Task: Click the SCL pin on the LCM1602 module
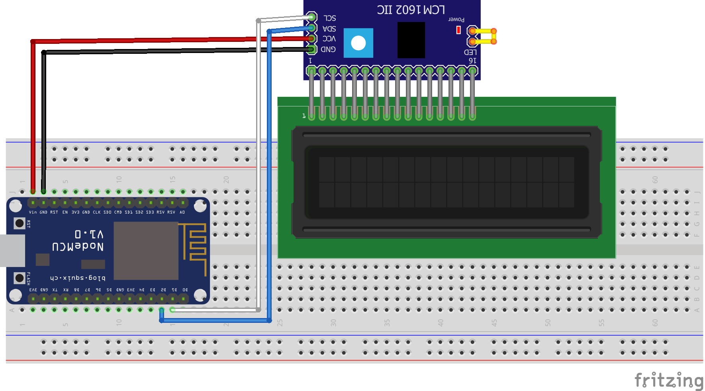click(x=312, y=17)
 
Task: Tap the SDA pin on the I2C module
click(x=312, y=28)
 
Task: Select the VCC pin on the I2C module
click(x=312, y=39)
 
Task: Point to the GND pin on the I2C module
click(x=312, y=49)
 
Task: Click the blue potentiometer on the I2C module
click(x=358, y=43)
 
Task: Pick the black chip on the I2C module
click(x=411, y=40)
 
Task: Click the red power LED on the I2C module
click(x=458, y=30)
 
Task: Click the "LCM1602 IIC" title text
click(x=411, y=10)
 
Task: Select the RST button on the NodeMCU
click(x=19, y=223)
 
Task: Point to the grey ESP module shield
click(x=146, y=251)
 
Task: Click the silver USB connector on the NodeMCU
click(x=12, y=251)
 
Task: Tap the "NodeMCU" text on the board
click(x=78, y=247)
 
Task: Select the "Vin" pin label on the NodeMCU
click(x=33, y=212)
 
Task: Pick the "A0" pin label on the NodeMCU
click(x=182, y=212)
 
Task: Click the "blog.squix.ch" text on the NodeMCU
click(x=78, y=278)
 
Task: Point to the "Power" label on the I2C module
click(x=456, y=19)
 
